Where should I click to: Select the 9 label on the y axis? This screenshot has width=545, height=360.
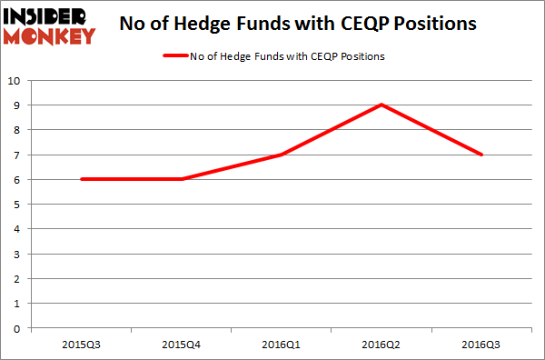click(15, 105)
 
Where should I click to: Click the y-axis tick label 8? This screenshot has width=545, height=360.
click(15, 130)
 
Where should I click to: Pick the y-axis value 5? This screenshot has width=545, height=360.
click(15, 204)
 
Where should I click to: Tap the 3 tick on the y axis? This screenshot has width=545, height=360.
click(15, 253)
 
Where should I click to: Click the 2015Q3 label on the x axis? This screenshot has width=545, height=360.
click(82, 345)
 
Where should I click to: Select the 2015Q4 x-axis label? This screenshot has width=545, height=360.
click(182, 345)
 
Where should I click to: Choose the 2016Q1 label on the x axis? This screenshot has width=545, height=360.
click(282, 345)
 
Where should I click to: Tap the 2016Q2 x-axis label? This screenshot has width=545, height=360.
click(381, 345)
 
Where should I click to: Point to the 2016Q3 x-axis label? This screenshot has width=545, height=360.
click(481, 345)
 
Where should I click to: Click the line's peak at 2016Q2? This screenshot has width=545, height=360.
click(381, 105)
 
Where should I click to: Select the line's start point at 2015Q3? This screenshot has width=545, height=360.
click(82, 178)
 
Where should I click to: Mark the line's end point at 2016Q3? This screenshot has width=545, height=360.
click(481, 154)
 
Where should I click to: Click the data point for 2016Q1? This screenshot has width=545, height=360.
click(282, 154)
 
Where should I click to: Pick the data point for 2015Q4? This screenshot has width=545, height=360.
click(182, 178)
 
